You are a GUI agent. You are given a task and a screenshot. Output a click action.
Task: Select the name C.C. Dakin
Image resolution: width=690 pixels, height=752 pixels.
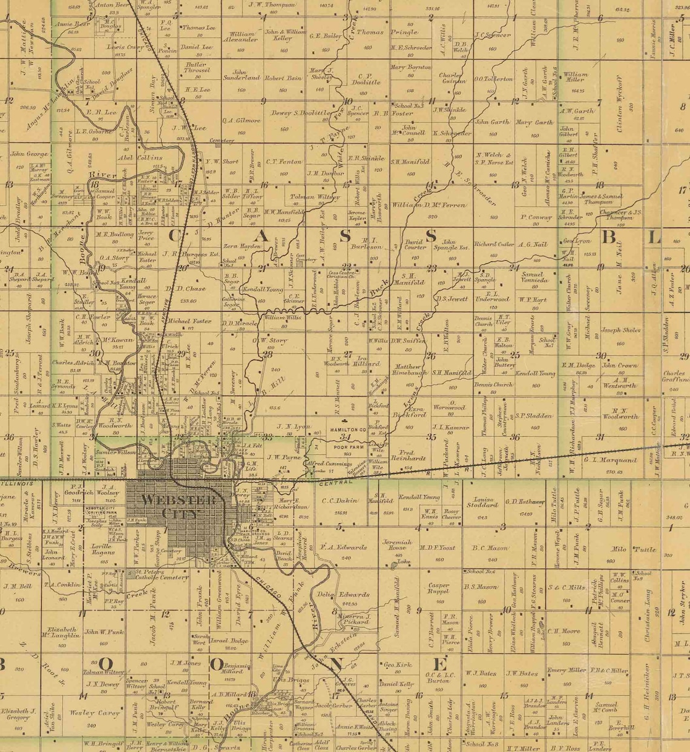click(x=340, y=500)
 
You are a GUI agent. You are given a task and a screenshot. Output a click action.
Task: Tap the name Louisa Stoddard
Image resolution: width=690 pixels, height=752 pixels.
click(x=481, y=502)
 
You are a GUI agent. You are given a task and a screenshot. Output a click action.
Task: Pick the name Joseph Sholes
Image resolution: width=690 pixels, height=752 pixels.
click(x=620, y=330)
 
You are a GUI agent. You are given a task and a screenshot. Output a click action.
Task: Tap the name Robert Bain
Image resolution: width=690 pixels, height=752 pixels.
click(x=283, y=78)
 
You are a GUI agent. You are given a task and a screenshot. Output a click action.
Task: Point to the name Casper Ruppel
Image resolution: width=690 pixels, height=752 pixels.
click(x=438, y=589)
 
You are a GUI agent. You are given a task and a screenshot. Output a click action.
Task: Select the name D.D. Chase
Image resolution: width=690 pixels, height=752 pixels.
click(x=188, y=289)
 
